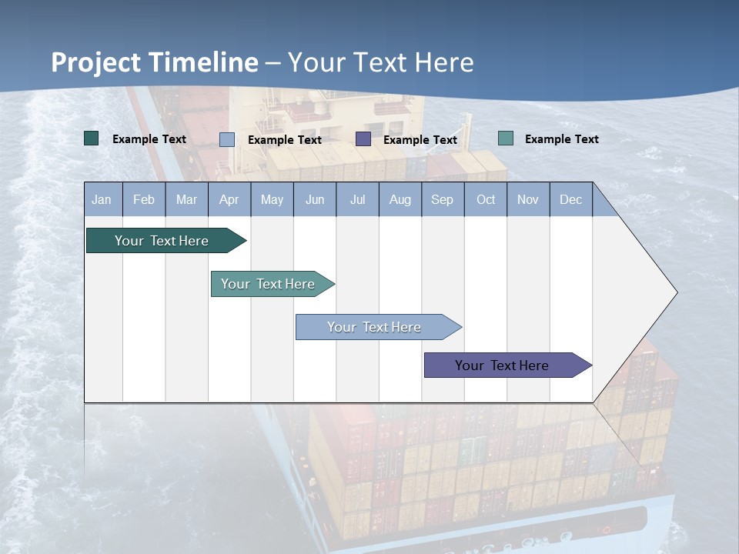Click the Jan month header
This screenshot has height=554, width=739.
[102, 199]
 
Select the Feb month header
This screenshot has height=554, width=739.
[144, 199]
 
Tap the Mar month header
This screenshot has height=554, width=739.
[186, 199]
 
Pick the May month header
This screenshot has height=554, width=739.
[272, 199]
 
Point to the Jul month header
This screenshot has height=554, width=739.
[357, 199]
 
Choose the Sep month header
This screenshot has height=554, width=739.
[442, 199]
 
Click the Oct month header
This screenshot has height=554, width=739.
[486, 199]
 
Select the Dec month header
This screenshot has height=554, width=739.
[570, 199]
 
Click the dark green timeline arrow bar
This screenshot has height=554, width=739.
[162, 241]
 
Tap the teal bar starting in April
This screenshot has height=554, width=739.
[268, 284]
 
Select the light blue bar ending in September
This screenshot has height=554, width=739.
[374, 327]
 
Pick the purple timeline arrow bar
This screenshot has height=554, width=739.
[502, 365]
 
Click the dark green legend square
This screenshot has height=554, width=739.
[92, 138]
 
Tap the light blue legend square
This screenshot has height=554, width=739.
[227, 139]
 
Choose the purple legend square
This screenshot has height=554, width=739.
[363, 138]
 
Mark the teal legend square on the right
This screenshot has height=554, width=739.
[506, 138]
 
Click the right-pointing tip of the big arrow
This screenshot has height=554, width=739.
[674, 292]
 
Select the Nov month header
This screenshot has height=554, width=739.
[528, 199]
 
